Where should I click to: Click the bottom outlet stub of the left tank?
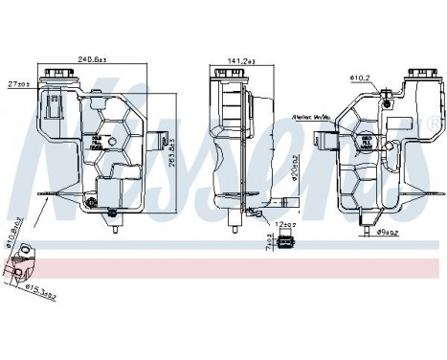117,229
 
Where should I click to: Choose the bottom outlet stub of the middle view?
234,226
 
